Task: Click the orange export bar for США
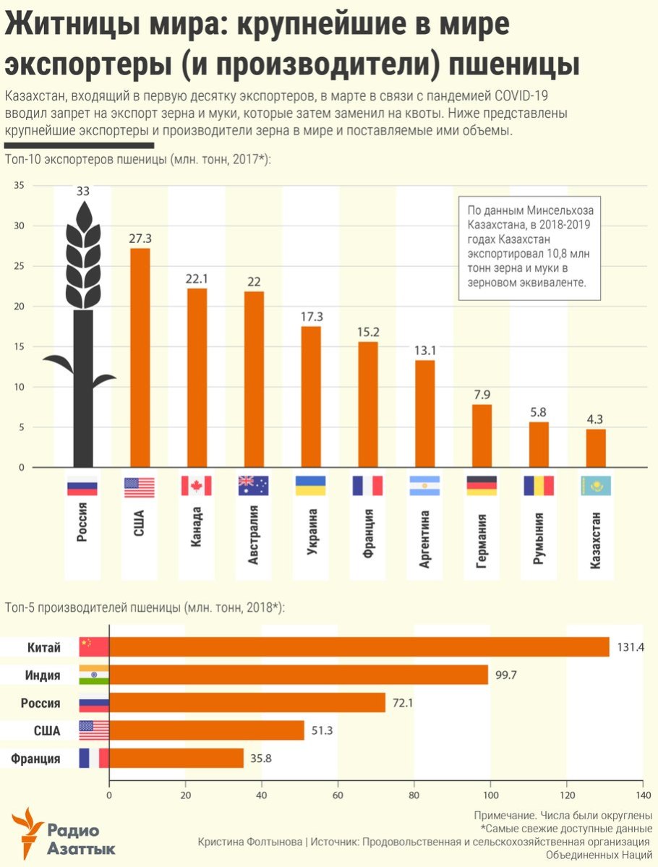[140, 358]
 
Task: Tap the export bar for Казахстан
[596, 448]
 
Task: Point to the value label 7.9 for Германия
[482, 395]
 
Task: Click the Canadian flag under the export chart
[196, 486]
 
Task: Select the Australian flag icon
[253, 486]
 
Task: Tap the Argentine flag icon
[424, 486]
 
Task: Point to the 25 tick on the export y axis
[20, 266]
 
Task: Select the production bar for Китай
[359, 646]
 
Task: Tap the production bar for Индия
[298, 675]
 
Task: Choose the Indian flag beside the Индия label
[93, 675]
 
